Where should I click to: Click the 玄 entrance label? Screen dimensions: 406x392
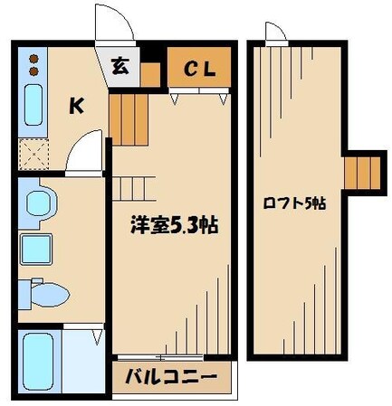tap(120, 66)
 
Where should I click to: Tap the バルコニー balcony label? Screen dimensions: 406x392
tap(171, 376)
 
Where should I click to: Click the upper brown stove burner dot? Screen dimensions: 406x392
tap(33, 60)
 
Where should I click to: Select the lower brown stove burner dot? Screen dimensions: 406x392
tap(33, 71)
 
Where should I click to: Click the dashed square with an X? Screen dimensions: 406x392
tap(34, 153)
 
